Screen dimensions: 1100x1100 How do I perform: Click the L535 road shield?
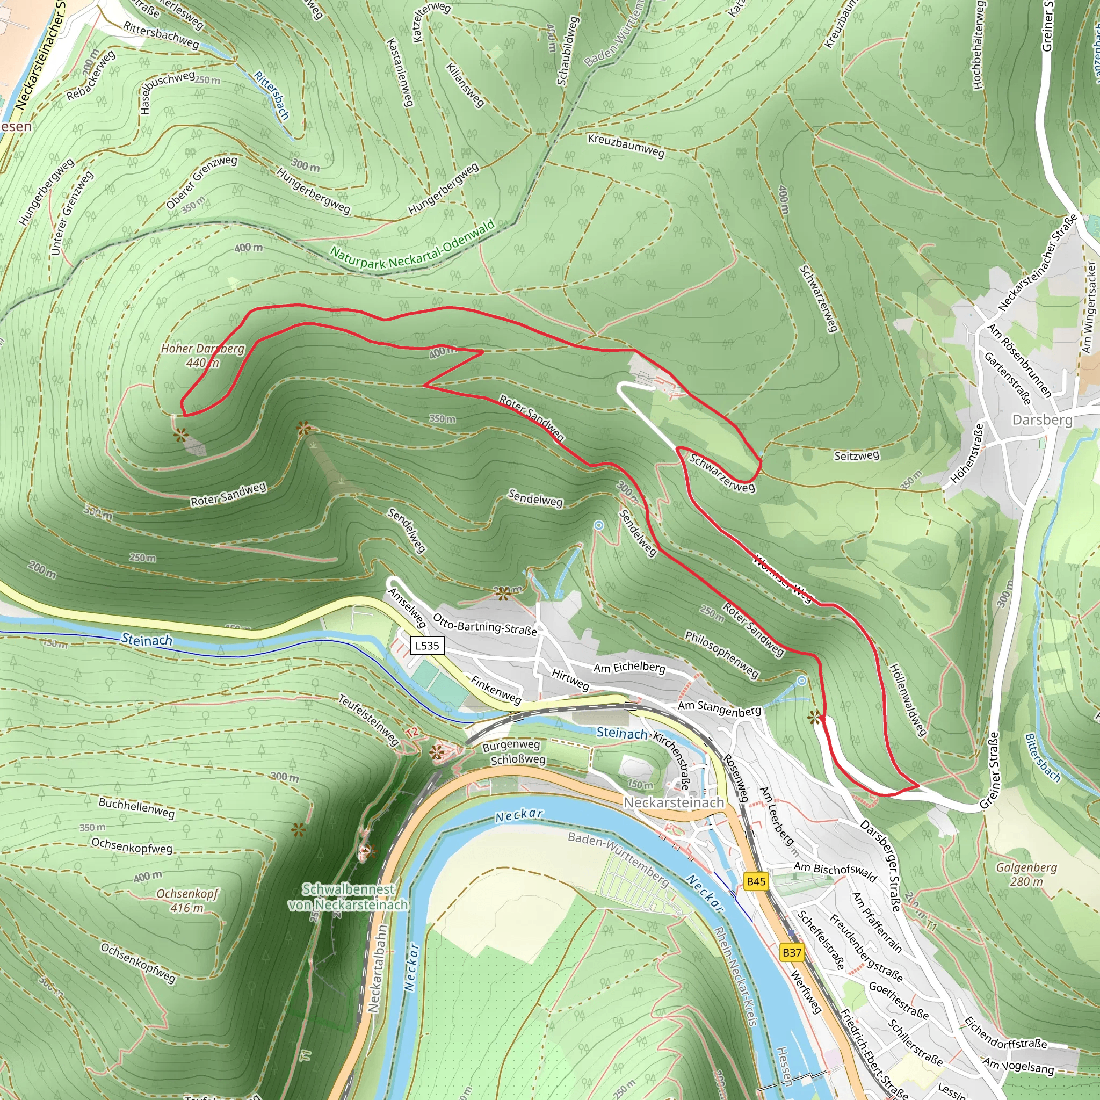tap(427, 645)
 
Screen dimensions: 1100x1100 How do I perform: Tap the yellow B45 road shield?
tap(756, 881)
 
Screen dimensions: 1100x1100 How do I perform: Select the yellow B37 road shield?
tap(791, 952)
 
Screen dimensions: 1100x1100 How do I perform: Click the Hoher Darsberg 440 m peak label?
tap(202, 355)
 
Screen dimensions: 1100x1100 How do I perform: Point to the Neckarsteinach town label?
tap(674, 802)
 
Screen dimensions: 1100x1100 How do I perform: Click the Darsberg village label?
tap(1042, 419)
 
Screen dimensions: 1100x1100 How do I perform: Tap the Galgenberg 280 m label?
tap(1026, 874)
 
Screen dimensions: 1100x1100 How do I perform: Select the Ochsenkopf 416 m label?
tap(187, 900)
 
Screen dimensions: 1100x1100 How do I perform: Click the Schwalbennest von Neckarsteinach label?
tap(349, 897)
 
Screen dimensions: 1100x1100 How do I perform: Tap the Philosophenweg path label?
tap(721, 654)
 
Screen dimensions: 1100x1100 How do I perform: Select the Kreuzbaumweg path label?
tap(626, 146)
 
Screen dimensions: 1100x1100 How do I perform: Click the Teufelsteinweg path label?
tap(368, 720)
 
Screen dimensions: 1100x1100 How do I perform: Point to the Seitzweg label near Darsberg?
tap(856, 455)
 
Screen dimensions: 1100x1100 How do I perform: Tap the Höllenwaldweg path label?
tap(908, 700)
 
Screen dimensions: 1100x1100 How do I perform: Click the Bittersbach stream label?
tap(1043, 758)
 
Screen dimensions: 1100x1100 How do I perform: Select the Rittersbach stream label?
tap(272, 95)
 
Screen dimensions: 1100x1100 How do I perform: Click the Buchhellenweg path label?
tap(136, 808)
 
